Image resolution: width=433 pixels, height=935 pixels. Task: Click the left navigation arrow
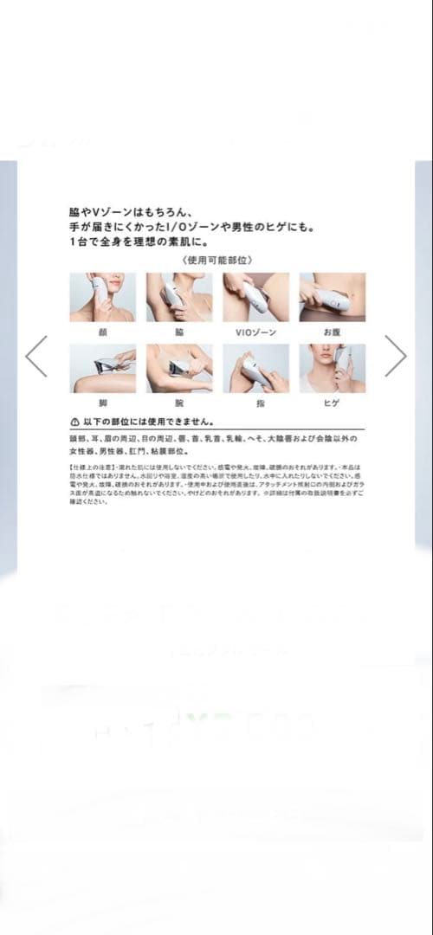pyautogui.click(x=36, y=356)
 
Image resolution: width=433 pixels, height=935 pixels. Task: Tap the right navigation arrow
pyautogui.click(x=395, y=356)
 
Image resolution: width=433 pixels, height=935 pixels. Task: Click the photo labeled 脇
pyautogui.click(x=179, y=297)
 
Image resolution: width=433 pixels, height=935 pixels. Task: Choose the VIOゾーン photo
pyautogui.click(x=255, y=297)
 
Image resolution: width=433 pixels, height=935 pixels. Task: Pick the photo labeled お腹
pyautogui.click(x=333, y=297)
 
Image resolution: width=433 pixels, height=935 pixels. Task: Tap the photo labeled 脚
pyautogui.click(x=102, y=369)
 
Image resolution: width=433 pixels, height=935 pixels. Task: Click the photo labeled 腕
pyautogui.click(x=179, y=369)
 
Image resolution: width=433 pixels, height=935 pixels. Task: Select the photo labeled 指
pyautogui.click(x=255, y=369)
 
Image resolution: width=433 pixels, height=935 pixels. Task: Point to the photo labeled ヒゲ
pyautogui.click(x=333, y=369)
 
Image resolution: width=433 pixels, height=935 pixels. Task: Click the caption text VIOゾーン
pyautogui.click(x=255, y=331)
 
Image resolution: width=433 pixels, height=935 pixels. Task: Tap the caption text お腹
pyautogui.click(x=333, y=331)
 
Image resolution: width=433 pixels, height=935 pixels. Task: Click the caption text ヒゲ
pyautogui.click(x=333, y=403)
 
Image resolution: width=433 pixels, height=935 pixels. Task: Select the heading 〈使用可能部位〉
pyautogui.click(x=216, y=260)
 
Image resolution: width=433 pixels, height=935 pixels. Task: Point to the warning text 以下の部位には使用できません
pyautogui.click(x=148, y=422)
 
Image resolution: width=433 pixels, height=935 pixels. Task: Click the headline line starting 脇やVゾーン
pyautogui.click(x=134, y=210)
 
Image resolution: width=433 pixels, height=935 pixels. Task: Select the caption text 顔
pyautogui.click(x=102, y=331)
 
